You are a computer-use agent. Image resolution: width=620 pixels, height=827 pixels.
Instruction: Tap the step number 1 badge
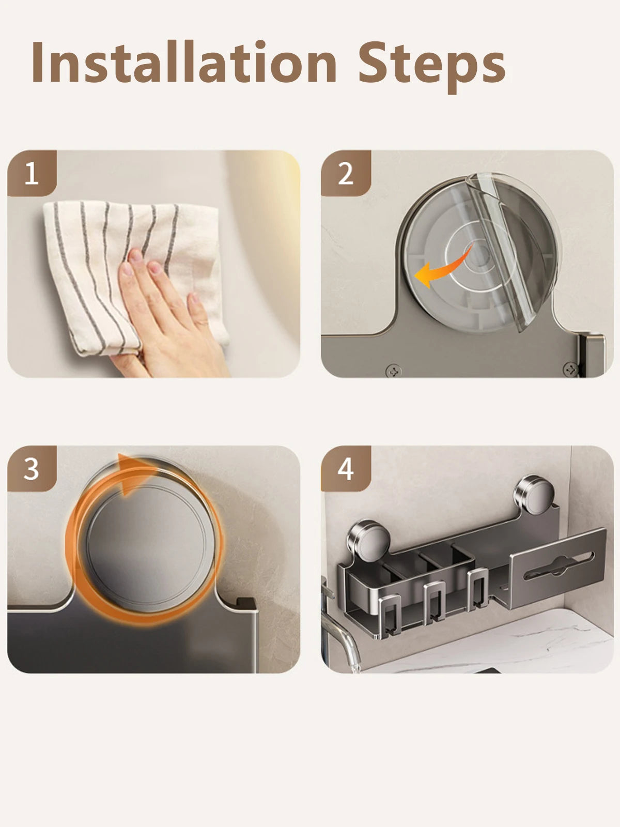(x=32, y=174)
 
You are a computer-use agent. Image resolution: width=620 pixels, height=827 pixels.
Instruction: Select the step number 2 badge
(x=345, y=174)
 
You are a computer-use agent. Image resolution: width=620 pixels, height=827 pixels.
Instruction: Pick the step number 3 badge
(x=32, y=469)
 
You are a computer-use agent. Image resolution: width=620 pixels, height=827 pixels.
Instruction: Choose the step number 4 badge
(x=345, y=469)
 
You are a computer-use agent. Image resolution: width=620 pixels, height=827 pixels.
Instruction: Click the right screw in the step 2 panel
(x=570, y=369)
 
